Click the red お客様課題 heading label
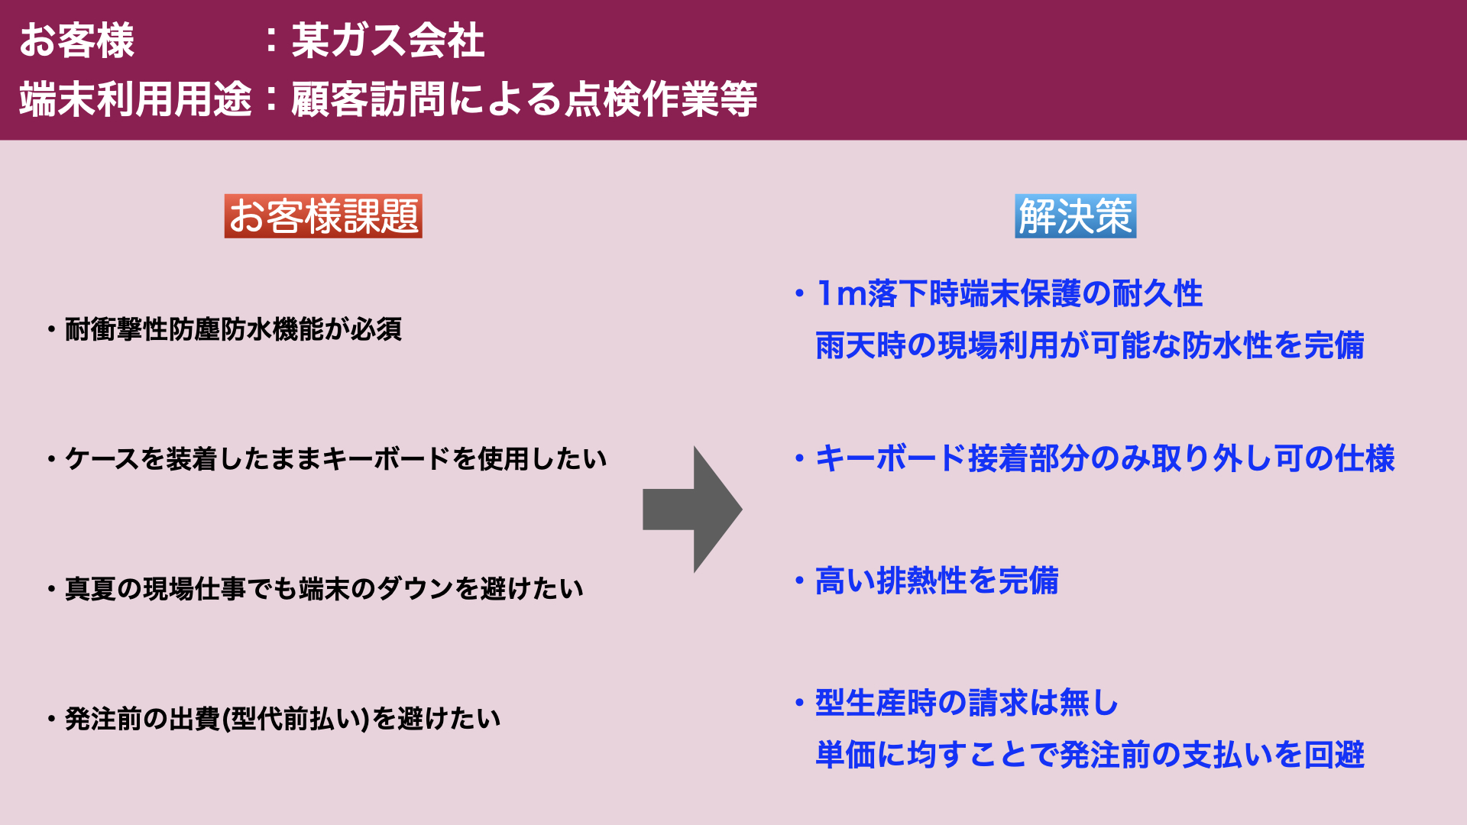click(x=323, y=216)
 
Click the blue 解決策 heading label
click(x=1075, y=216)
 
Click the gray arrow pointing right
click(x=692, y=510)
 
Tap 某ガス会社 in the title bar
click(x=388, y=40)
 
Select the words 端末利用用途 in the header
click(x=136, y=99)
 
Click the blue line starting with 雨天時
click(x=1090, y=346)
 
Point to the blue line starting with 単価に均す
click(x=1090, y=755)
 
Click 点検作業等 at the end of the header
click(x=661, y=99)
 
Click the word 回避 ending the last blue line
click(x=1335, y=755)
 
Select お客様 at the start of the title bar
click(x=77, y=40)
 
